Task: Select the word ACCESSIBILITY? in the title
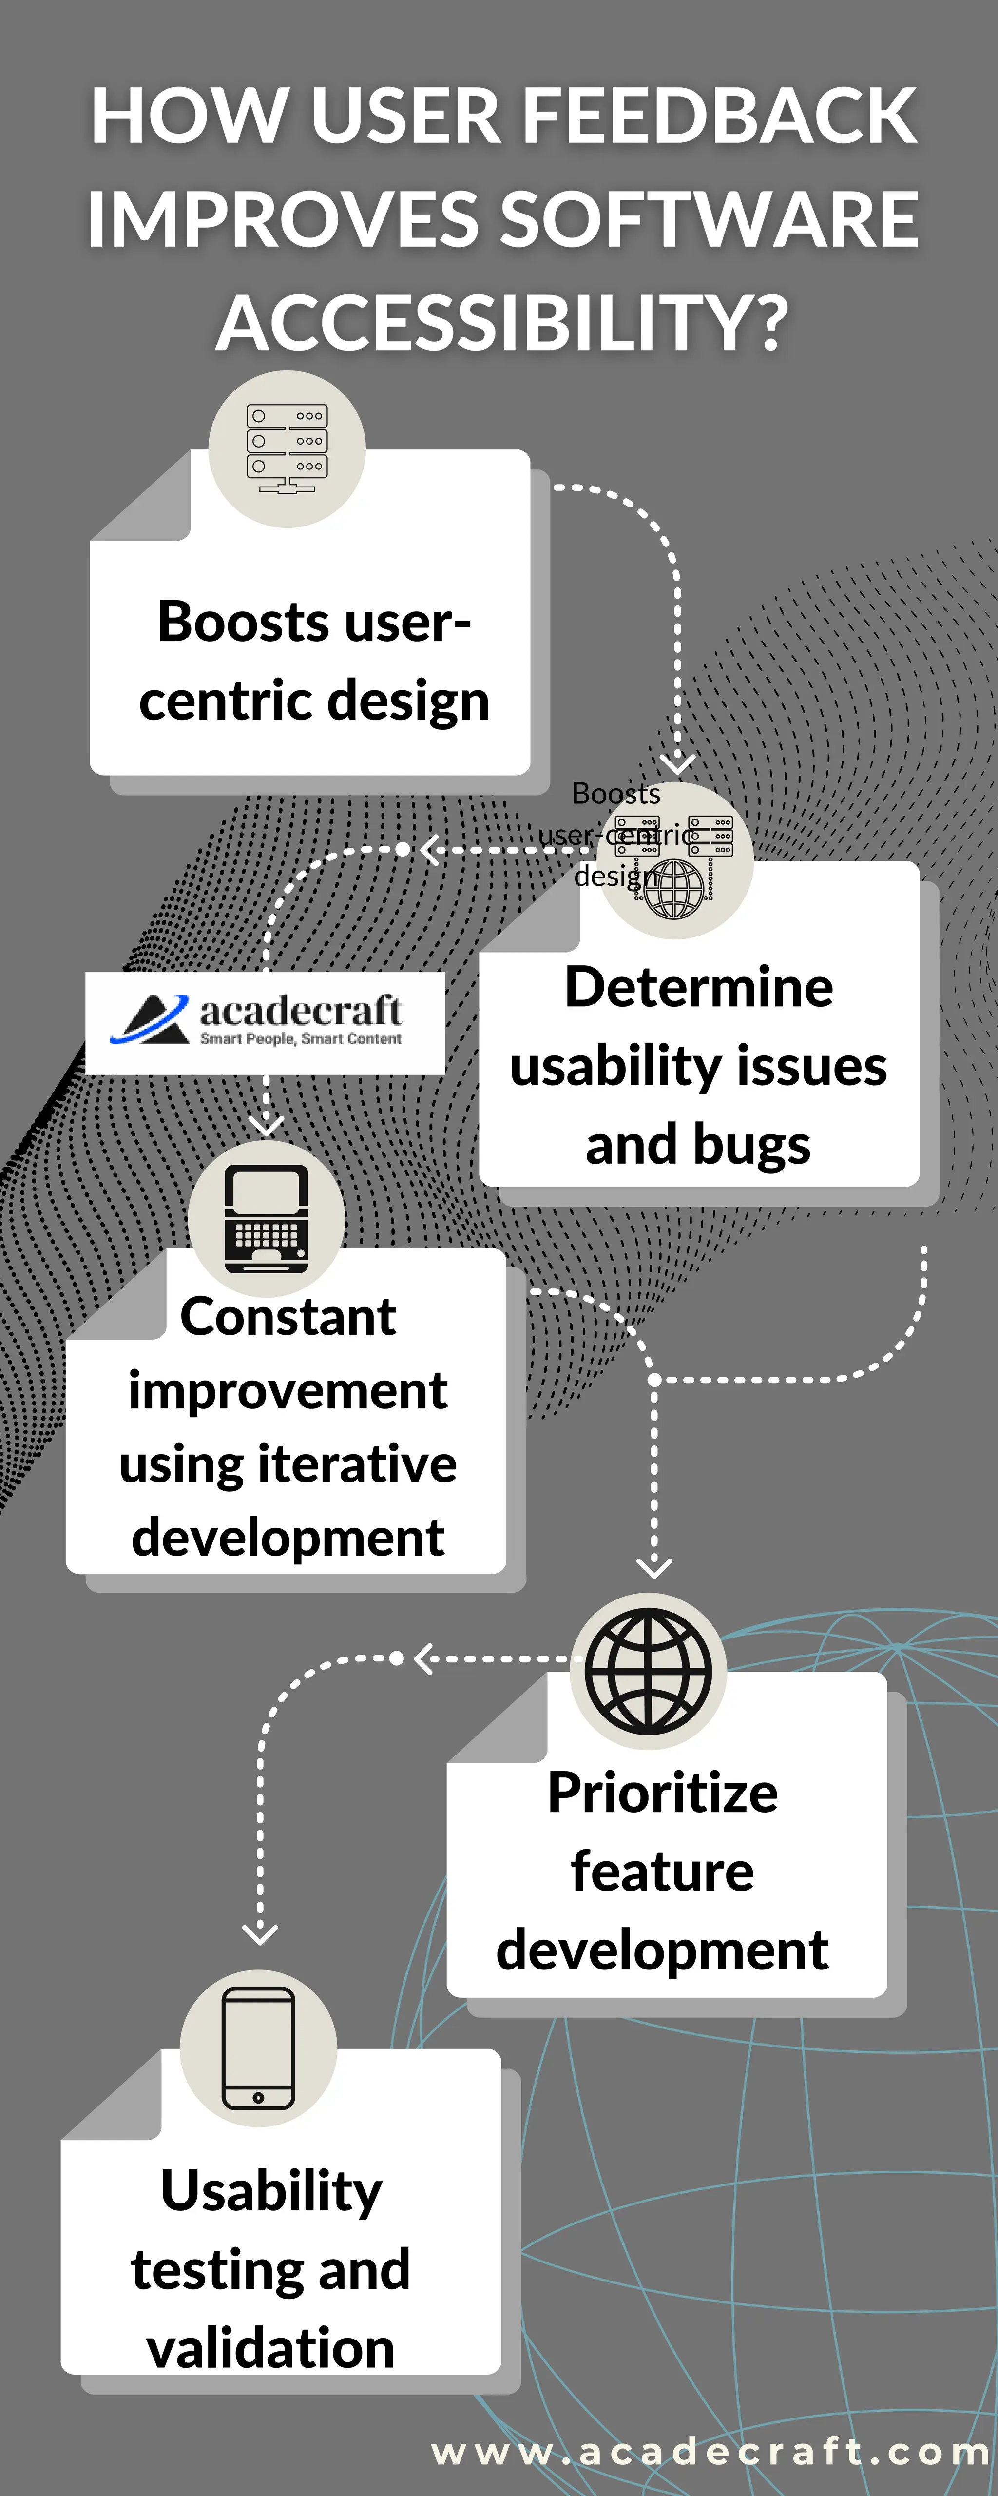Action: coord(502,323)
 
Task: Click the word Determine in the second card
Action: coord(699,987)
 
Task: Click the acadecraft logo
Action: coord(265,1022)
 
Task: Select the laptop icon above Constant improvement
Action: coord(267,1219)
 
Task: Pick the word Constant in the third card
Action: coord(288,1317)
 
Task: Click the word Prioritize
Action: coord(663,1793)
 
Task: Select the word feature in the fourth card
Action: coord(663,1871)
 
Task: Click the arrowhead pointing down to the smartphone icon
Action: coord(260,1935)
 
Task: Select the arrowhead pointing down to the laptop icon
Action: coord(267,1126)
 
